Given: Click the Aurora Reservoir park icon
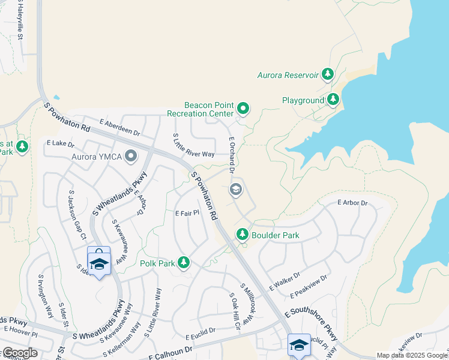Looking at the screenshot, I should (327, 74).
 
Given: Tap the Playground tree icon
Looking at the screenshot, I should (333, 100).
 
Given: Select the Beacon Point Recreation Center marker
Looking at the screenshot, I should (243, 109).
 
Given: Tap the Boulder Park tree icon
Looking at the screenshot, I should (242, 235).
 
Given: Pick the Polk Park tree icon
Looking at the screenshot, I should (183, 263).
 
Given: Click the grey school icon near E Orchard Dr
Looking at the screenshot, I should (236, 190).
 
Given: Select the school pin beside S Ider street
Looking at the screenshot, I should (99, 262).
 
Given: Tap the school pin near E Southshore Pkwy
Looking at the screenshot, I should (299, 344).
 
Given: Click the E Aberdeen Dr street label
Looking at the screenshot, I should (119, 127).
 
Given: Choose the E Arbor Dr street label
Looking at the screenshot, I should (352, 203).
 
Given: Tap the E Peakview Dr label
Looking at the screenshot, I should (309, 287).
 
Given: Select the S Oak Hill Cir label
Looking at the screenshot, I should (235, 311).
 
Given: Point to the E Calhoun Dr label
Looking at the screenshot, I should (170, 353).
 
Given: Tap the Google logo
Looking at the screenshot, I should (19, 353).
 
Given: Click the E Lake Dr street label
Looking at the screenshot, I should (60, 145).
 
